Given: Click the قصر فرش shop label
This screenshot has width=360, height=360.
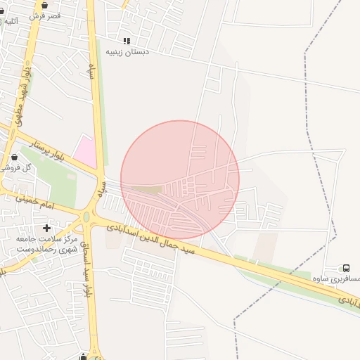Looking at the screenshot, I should [x=46, y=15].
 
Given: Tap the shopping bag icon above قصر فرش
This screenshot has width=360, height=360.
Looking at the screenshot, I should [x=45, y=5].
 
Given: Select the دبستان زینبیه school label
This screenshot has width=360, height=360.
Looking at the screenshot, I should [x=126, y=52].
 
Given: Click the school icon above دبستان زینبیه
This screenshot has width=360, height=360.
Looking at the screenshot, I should [x=127, y=41].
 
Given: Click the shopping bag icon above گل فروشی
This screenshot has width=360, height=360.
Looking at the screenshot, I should [x=14, y=157].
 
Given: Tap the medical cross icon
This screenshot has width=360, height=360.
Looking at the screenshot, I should [x=47, y=228].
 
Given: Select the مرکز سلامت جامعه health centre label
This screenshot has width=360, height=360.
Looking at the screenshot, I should [x=46, y=244].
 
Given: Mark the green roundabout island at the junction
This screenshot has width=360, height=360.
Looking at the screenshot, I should [x=86, y=217].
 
